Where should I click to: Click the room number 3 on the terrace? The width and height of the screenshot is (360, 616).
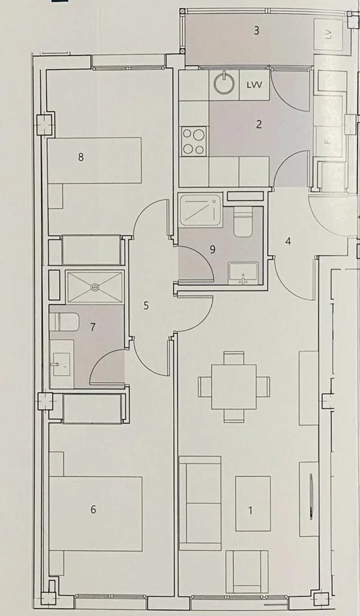pos(256,31)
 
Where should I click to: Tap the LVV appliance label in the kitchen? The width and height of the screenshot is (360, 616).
pos(254,85)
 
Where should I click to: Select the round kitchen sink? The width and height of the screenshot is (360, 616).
pos(224,83)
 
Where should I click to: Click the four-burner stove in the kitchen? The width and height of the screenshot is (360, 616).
pos(194,141)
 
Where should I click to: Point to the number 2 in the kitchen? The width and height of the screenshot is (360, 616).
pos(258,124)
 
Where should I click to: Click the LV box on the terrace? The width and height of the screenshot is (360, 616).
pos(329,34)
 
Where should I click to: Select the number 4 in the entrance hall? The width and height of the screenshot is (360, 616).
pos(288,241)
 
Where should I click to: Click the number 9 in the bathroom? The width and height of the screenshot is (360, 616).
pos(213,249)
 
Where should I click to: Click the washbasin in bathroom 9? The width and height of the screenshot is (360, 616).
pos(244,273)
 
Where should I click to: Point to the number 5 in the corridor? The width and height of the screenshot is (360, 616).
pos(146,305)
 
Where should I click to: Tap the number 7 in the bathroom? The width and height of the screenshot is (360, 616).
pos(92,327)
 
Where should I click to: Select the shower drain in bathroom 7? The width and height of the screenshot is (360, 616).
pos(95,288)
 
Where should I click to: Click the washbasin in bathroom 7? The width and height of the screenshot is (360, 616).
pos(62,364)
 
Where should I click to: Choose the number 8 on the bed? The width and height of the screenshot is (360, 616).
pos(81,157)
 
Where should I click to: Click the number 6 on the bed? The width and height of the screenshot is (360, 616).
pos(93,510)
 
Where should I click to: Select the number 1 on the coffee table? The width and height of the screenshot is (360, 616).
pos(250,510)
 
